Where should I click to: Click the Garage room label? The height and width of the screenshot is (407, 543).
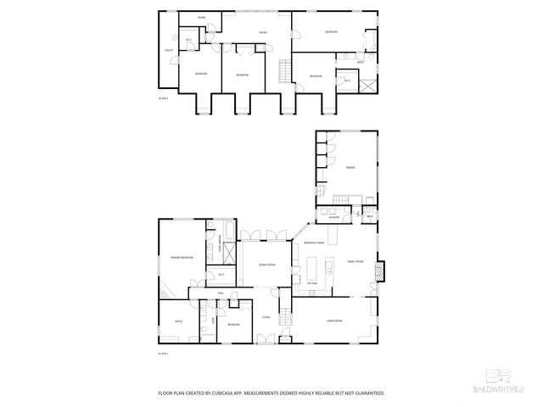click(x=350, y=168)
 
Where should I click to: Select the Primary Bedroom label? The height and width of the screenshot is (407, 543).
click(x=182, y=257)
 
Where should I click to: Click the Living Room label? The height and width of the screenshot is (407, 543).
click(x=333, y=321)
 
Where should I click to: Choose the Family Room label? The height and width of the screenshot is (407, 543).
click(x=355, y=262)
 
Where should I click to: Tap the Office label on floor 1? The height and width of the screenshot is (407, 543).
click(x=179, y=321)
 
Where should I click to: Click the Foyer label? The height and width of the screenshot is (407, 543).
click(x=266, y=317)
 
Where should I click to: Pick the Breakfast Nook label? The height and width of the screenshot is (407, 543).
click(x=314, y=243)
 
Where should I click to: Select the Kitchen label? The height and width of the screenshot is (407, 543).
click(x=311, y=282)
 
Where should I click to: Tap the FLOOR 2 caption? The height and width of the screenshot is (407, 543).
click(x=164, y=99)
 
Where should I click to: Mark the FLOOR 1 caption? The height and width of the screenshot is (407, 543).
click(x=164, y=353)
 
